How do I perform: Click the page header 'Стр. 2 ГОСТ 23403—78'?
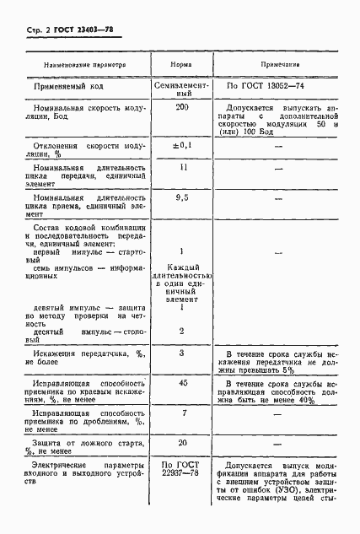click(x=65, y=30)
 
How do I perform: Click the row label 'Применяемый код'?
click(x=70, y=86)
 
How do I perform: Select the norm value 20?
click(x=181, y=442)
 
